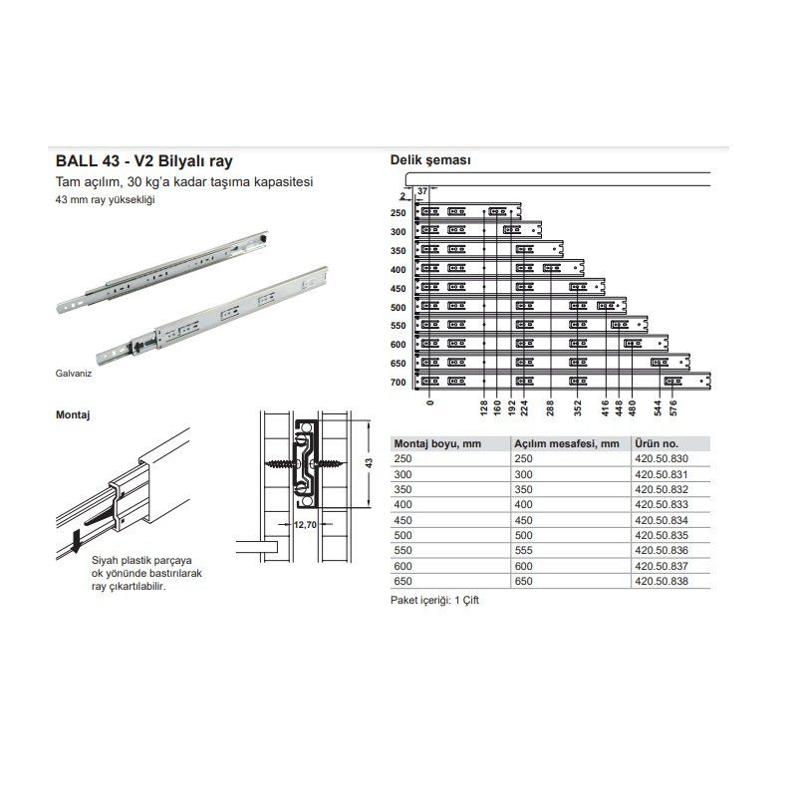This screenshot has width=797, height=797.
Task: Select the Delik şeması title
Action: coord(429,160)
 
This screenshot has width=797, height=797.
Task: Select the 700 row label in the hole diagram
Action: coord(398,382)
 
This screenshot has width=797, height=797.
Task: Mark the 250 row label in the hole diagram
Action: coord(398,212)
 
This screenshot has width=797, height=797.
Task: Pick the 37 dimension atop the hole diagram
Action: coord(422,190)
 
